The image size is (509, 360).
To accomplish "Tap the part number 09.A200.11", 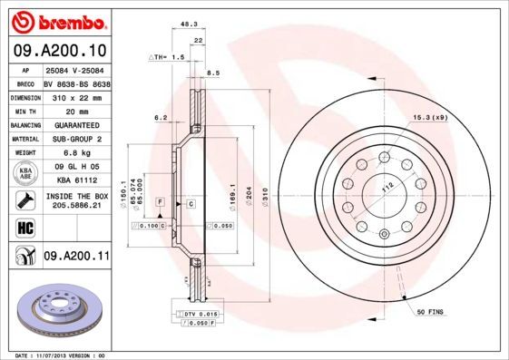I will coord(76,258).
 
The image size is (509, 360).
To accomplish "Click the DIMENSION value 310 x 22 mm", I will coord(76,95).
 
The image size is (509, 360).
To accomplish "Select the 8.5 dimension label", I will coord(214,73).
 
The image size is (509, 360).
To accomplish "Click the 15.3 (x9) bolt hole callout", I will coord(432,118).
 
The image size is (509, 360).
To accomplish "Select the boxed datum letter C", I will coord(191,204).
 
